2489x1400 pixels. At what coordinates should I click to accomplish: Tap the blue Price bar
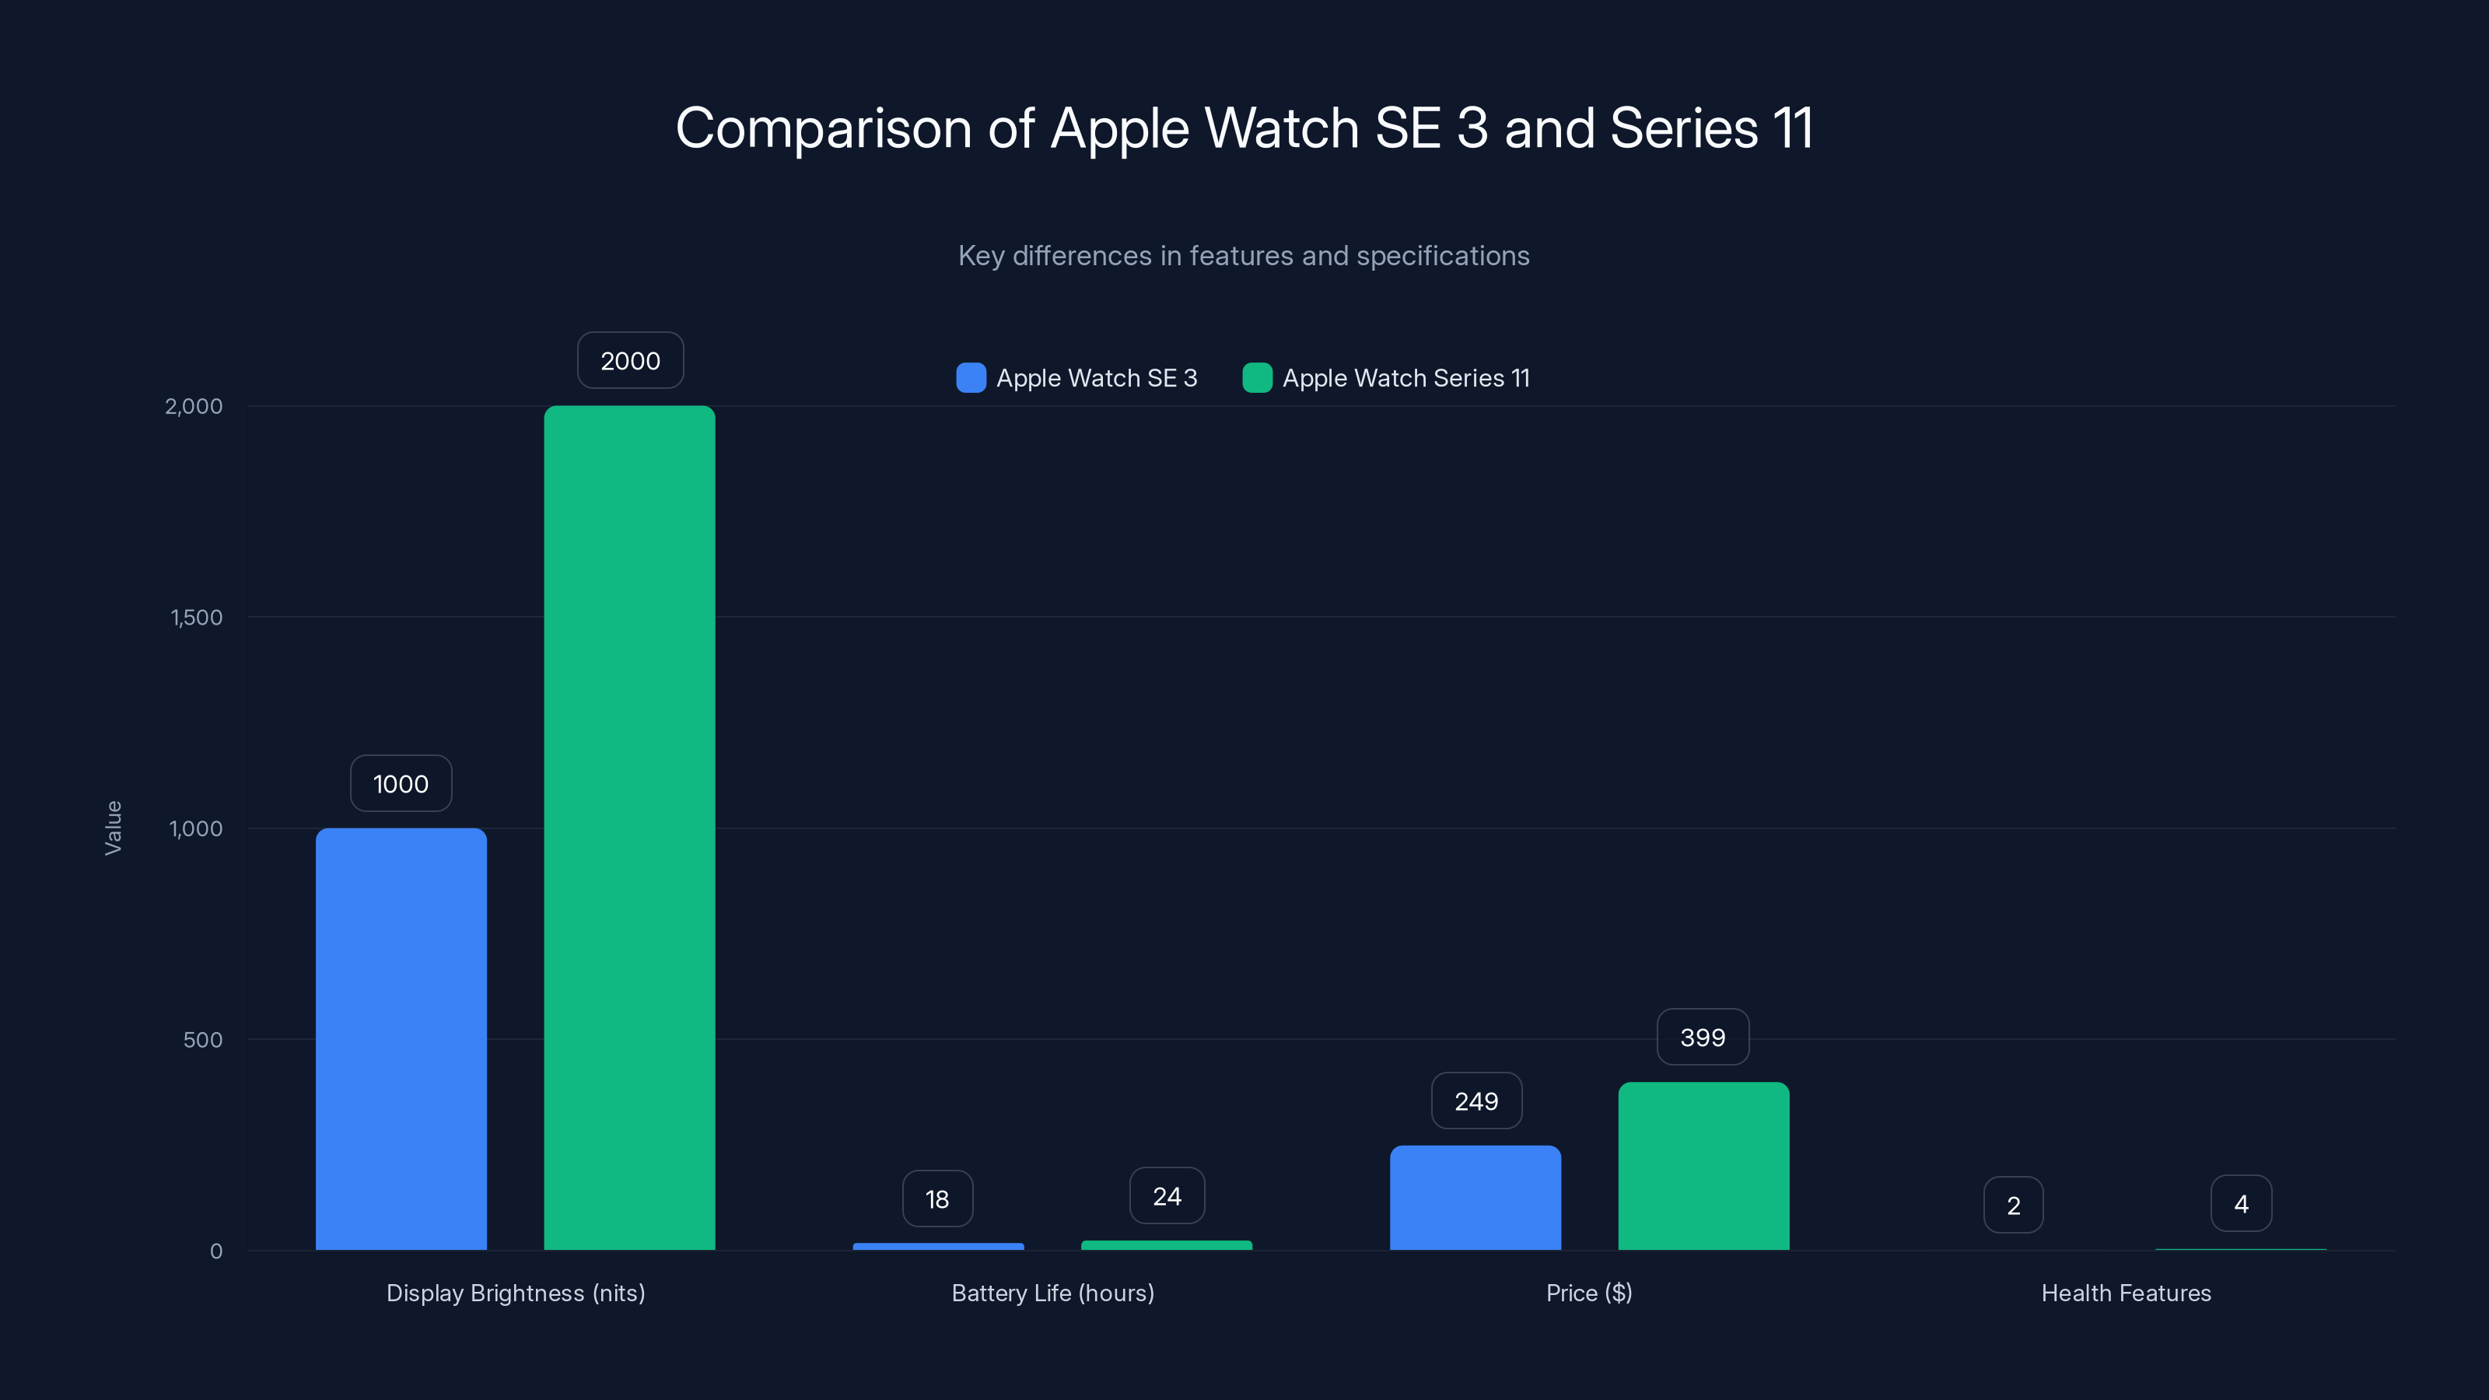(1476, 1197)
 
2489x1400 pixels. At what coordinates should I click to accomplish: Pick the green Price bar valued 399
(1703, 1165)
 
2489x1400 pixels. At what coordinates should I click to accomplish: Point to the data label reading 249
(1476, 1101)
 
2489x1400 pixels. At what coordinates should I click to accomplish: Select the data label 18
(937, 1199)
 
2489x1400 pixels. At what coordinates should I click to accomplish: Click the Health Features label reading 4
(2241, 1204)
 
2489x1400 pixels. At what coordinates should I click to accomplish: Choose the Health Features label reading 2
(2014, 1205)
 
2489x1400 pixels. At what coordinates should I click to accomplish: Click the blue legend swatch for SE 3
(971, 378)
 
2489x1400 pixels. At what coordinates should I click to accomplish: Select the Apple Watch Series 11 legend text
(1406, 378)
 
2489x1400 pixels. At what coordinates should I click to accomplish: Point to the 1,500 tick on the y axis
(196, 618)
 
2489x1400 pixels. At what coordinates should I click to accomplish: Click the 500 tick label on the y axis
(203, 1040)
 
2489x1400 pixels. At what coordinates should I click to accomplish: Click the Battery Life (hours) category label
(1052, 1293)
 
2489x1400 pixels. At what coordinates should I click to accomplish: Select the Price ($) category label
(1588, 1293)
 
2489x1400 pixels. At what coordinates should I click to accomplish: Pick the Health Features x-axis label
(2126, 1293)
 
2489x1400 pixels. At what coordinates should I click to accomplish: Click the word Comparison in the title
(822, 128)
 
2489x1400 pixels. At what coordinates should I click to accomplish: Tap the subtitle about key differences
(1244, 256)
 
